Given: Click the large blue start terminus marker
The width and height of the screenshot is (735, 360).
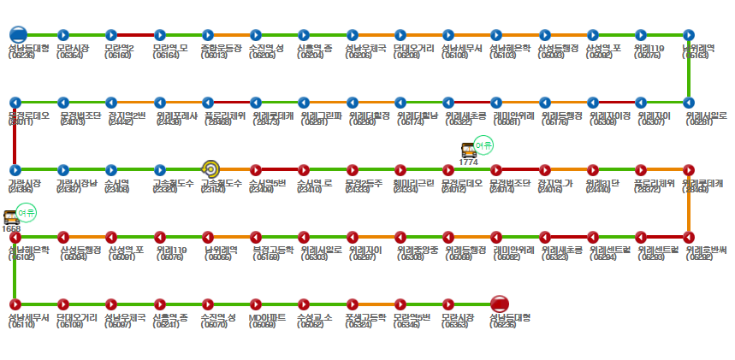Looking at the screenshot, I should pyautogui.click(x=17, y=35).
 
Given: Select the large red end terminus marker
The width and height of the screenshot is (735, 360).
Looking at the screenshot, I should pyautogui.click(x=500, y=303).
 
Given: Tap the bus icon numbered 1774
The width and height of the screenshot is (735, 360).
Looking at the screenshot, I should pyautogui.click(x=468, y=150).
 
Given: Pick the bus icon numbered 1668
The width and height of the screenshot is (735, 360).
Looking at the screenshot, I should pyautogui.click(x=12, y=217).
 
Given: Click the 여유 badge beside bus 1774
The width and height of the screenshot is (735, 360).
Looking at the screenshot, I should pyautogui.click(x=483, y=145).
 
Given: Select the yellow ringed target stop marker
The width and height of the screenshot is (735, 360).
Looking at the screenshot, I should pyautogui.click(x=210, y=169).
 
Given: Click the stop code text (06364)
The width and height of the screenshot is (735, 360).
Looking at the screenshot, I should pyautogui.click(x=69, y=56).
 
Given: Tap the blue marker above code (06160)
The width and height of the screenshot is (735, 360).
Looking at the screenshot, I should pyautogui.click(x=111, y=36).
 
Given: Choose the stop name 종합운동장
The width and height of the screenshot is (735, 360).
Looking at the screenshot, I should pyautogui.click(x=219, y=48).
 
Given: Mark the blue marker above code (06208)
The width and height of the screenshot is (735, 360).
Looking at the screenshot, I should pyautogui.click(x=400, y=36).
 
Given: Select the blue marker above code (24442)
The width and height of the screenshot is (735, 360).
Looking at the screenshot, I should pyautogui.click(x=111, y=103).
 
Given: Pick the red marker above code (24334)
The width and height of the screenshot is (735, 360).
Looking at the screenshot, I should pyautogui.click(x=400, y=169).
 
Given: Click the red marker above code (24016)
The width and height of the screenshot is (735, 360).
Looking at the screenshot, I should pyautogui.click(x=544, y=169).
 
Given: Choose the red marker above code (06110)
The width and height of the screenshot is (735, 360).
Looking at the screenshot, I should pyautogui.click(x=15, y=303).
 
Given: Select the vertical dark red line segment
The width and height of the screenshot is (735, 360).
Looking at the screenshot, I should pyautogui.click(x=15, y=136).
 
